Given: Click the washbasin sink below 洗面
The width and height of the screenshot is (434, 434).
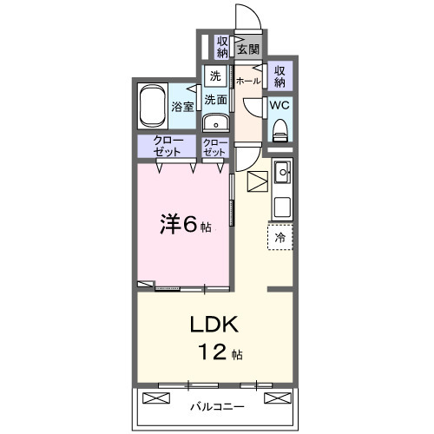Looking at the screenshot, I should coord(215,121).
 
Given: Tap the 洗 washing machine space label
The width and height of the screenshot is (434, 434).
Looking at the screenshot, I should coord(214,75).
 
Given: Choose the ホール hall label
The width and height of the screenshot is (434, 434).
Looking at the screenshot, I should coord(247,80).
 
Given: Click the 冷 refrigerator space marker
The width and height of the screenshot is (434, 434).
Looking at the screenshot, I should coord(280,236).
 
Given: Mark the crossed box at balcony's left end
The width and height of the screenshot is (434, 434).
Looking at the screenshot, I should coord(154,398).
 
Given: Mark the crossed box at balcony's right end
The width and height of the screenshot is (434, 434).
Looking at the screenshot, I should coord(275,398).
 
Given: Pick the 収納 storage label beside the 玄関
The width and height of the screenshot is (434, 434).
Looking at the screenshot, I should coord(223,46).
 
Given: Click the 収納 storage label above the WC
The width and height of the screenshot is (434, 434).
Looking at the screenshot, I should coord(279,76).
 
